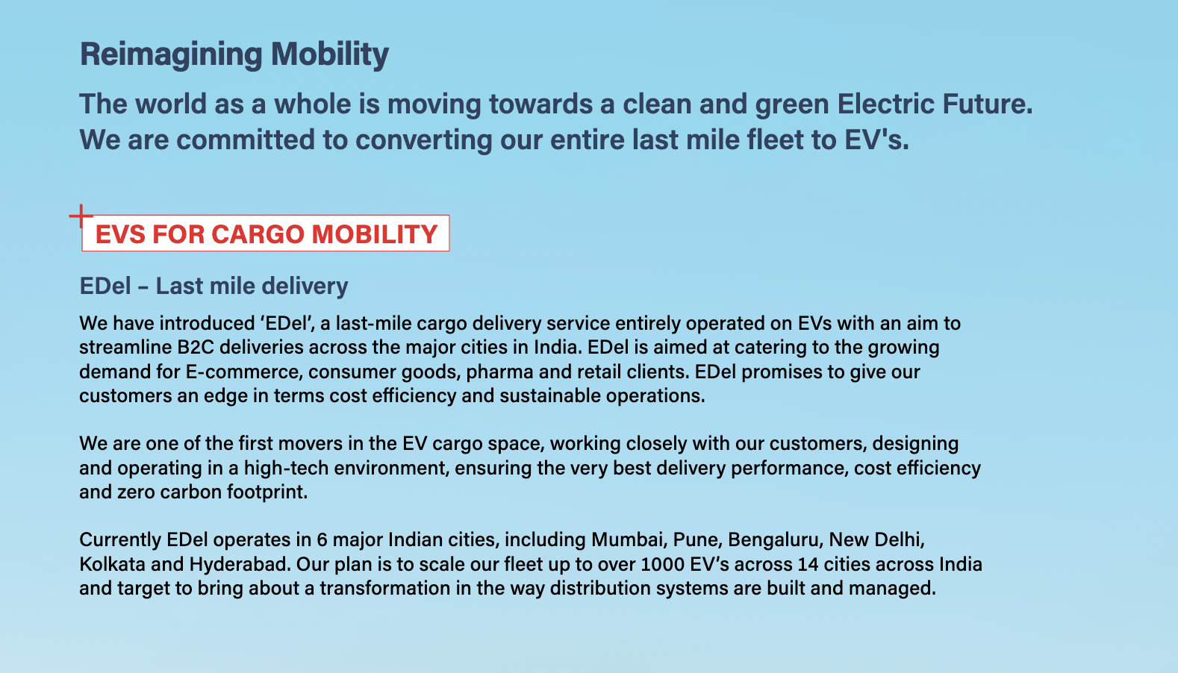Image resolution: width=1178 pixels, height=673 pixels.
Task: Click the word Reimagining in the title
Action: coord(171,54)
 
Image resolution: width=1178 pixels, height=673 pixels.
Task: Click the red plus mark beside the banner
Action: coord(81,216)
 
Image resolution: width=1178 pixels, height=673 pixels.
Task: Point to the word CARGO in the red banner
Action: coord(258,234)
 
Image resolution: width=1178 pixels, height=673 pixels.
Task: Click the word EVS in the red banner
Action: coord(120,234)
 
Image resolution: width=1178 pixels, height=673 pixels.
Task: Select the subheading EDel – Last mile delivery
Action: coord(214,286)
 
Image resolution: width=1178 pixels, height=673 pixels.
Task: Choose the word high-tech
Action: coord(286,468)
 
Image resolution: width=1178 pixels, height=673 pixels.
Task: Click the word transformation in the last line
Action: coord(385,589)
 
